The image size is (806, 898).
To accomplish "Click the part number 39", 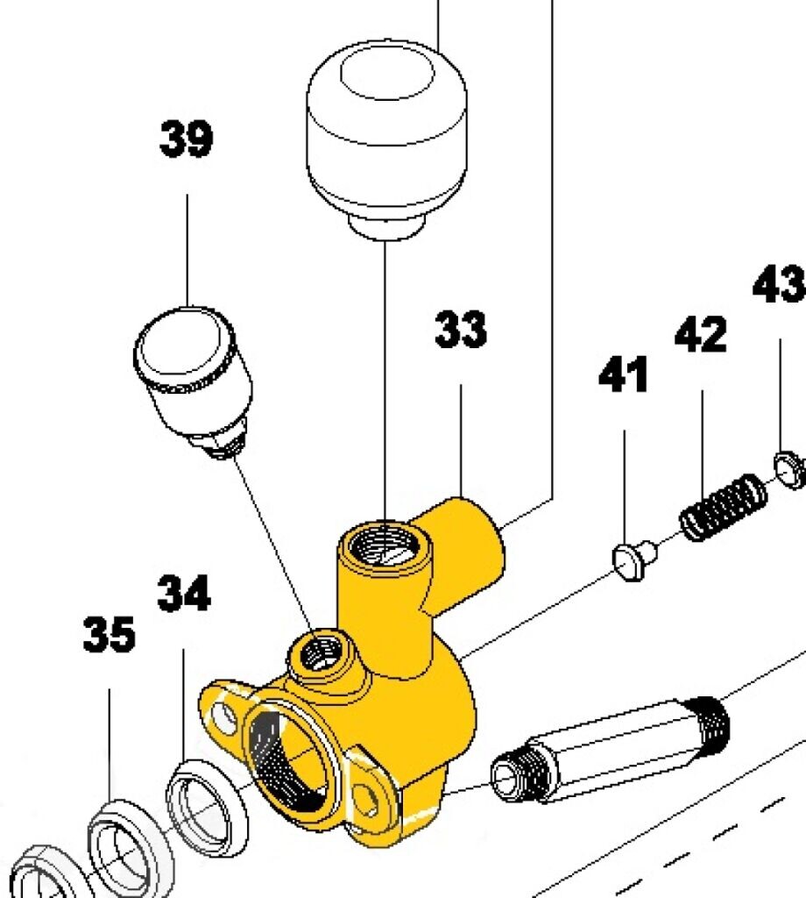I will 186,140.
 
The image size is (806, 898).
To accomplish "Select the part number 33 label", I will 461,331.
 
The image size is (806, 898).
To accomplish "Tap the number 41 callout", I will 624,374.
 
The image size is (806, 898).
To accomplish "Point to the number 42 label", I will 701,335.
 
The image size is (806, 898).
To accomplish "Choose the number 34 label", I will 184,594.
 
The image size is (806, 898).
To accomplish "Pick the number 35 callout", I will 110,634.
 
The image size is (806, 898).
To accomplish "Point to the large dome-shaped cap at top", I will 385,132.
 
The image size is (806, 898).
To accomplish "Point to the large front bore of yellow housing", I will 289,759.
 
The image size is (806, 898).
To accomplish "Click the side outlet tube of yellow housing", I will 473,548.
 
